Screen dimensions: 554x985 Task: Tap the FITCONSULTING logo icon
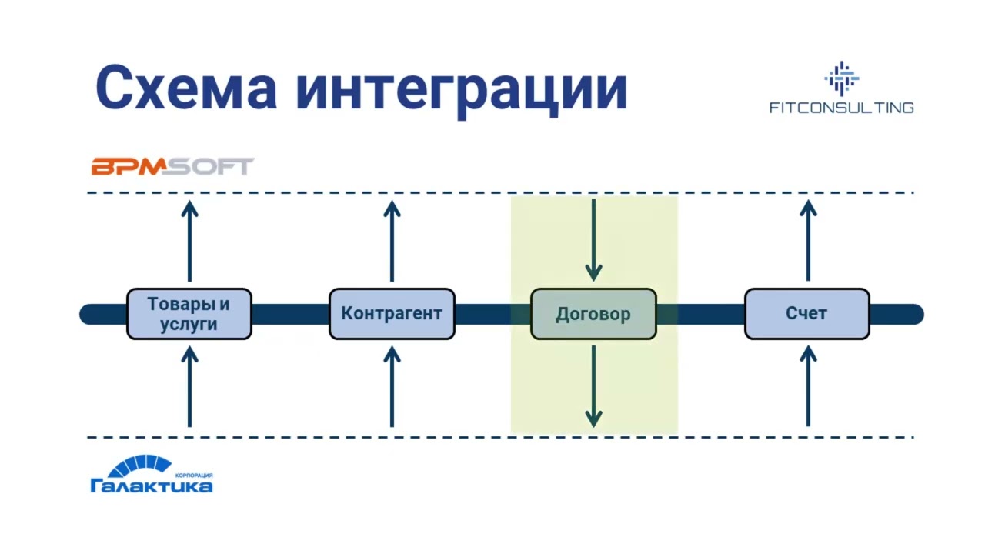[x=841, y=78]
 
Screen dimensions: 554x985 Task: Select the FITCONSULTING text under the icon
[x=841, y=108]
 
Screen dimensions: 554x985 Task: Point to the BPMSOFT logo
[x=172, y=166]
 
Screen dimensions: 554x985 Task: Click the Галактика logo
[x=152, y=475]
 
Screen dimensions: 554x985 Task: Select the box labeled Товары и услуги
[x=189, y=314]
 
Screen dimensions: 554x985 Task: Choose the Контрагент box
[x=392, y=314]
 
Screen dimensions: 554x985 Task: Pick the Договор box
[x=593, y=314]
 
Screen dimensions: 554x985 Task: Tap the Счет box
[x=807, y=314]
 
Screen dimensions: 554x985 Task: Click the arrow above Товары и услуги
[x=189, y=241]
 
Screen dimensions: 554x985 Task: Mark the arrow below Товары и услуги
[x=189, y=386]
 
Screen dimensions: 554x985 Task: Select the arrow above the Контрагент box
[x=392, y=241]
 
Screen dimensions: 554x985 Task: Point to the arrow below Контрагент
[x=392, y=386]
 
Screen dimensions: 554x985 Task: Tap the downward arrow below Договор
[x=593, y=386]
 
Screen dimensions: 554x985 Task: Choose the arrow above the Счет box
[x=807, y=241]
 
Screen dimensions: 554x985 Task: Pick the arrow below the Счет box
[x=807, y=386]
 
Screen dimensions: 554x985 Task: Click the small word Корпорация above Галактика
[x=194, y=476]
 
